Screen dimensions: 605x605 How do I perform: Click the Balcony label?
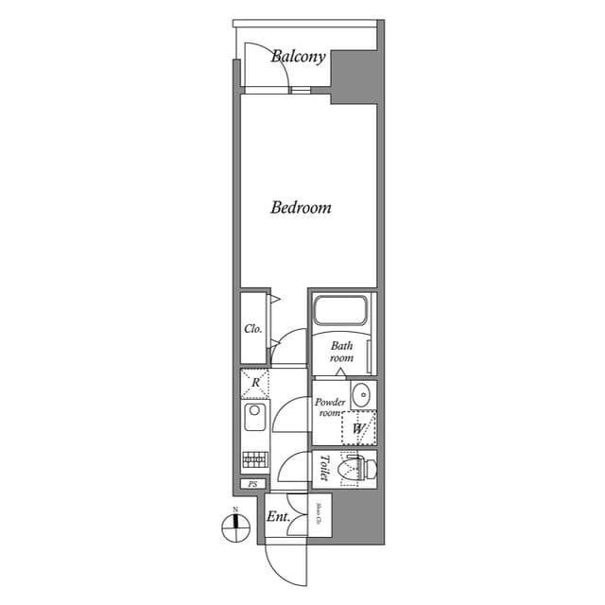(299, 57)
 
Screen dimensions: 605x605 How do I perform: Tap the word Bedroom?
(301, 207)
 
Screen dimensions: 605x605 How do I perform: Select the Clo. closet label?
(253, 330)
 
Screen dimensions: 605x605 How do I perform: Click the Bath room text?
(341, 353)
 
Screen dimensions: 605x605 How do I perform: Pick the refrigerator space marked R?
(255, 383)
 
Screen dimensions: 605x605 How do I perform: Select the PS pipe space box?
(251, 484)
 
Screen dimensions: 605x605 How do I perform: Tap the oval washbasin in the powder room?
(361, 393)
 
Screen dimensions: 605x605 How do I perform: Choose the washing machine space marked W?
(358, 428)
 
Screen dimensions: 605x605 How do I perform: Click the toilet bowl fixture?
(360, 467)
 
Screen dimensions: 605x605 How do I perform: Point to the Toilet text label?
(323, 468)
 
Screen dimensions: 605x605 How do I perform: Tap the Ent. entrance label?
(277, 517)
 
